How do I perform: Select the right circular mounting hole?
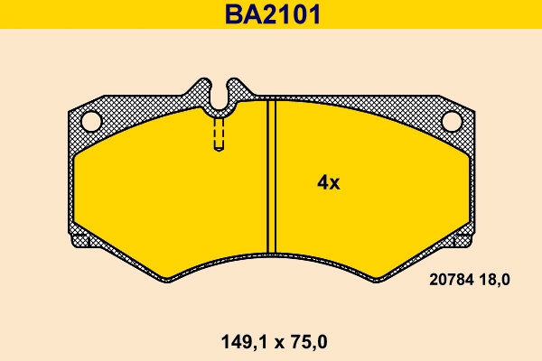point(452,120)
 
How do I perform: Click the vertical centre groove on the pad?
point(269,176)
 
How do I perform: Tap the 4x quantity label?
point(328,182)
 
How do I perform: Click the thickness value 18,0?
point(494,280)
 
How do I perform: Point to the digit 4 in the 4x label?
point(322,182)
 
